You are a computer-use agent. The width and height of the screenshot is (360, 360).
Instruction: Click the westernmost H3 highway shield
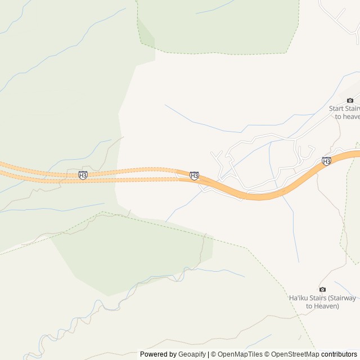(83, 175)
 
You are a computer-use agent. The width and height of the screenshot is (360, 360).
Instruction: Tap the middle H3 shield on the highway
(194, 176)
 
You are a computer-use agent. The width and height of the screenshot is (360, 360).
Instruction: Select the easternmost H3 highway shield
(326, 161)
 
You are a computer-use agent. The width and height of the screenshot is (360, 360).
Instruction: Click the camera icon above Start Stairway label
(350, 100)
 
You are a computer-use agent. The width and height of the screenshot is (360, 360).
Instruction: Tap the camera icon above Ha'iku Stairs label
(322, 289)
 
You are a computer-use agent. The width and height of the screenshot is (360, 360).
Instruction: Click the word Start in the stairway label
(336, 109)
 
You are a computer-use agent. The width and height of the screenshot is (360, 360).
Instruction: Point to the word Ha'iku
(299, 298)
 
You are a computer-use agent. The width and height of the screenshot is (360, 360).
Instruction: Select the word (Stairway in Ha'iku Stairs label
(343, 298)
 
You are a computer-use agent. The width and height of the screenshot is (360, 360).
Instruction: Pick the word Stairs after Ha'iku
(318, 298)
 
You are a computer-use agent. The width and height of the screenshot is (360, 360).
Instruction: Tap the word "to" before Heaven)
(309, 306)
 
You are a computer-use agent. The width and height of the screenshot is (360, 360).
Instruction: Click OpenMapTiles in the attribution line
(240, 354)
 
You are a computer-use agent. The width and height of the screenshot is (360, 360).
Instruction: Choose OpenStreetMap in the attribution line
(295, 354)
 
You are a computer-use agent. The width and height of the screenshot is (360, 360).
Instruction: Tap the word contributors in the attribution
(339, 354)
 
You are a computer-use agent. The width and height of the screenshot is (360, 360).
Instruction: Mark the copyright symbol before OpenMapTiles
(214, 354)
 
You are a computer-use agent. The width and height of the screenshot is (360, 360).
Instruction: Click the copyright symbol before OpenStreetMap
(267, 354)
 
